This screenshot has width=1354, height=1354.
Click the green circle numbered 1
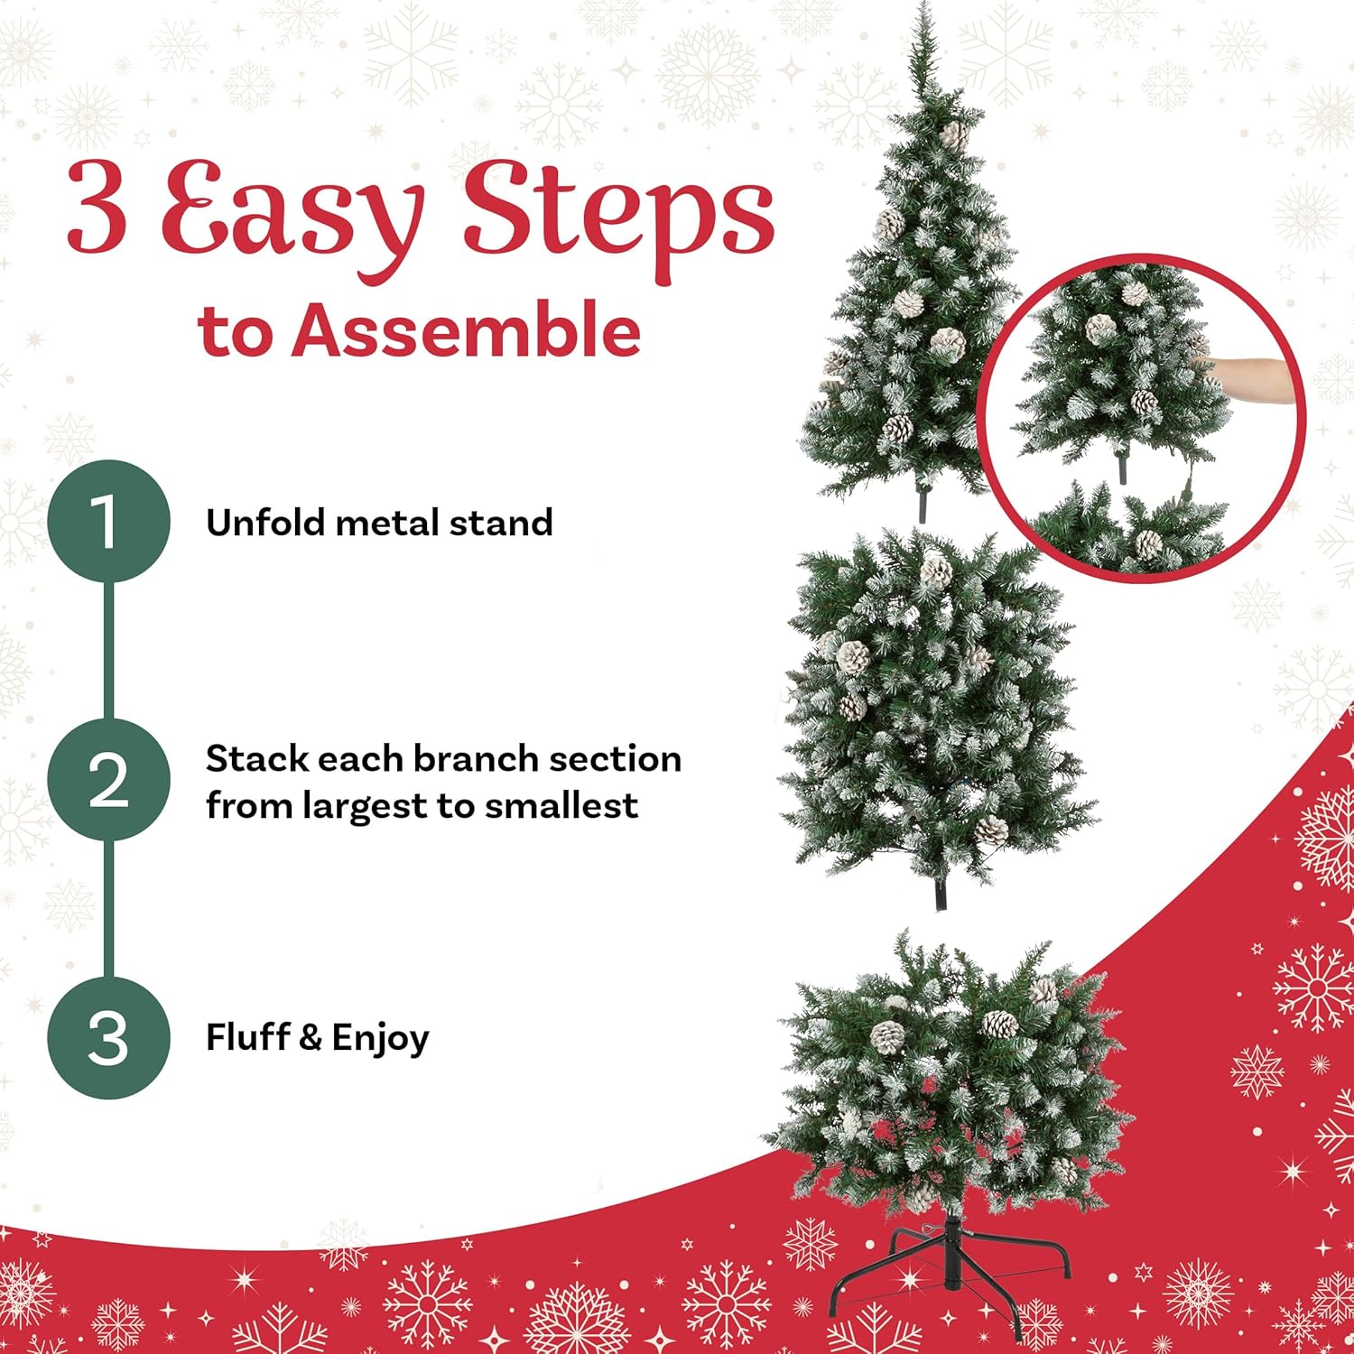108,522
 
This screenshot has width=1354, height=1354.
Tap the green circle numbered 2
108,780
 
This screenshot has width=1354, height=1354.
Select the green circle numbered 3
108,1037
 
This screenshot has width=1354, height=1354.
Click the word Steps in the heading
617,212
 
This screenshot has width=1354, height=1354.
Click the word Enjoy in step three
380,1039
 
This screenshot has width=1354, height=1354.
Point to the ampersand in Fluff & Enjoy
309,1038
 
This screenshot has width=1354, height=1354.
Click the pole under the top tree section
922,505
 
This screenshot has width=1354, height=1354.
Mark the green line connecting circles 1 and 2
108,650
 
